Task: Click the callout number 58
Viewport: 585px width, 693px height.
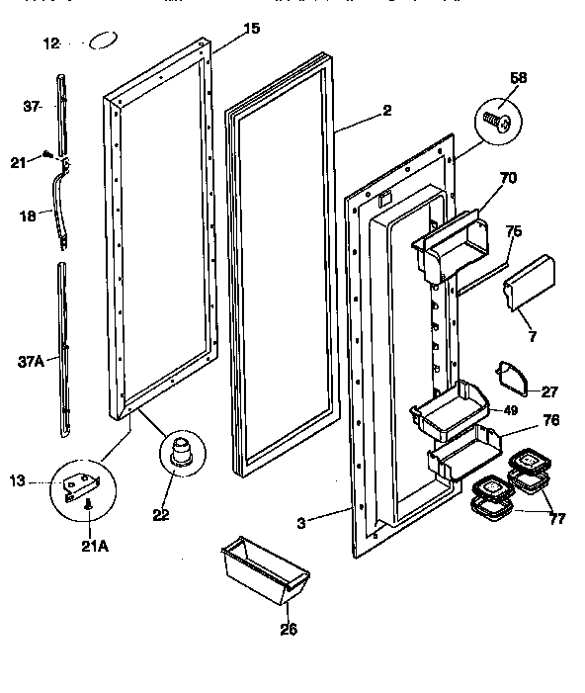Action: point(519,77)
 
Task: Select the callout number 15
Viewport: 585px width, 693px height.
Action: point(251,29)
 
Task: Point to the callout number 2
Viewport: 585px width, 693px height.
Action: point(386,111)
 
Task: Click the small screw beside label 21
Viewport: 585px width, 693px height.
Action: point(46,153)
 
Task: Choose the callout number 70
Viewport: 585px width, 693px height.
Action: point(508,179)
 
